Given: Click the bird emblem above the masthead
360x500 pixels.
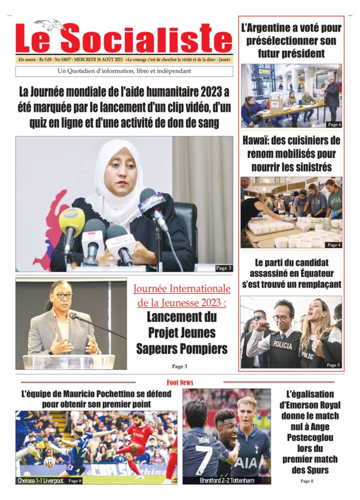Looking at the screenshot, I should (x=50, y=24).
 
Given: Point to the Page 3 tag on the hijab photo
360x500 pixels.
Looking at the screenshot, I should (x=223, y=268).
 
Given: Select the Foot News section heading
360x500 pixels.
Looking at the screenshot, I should (x=180, y=382).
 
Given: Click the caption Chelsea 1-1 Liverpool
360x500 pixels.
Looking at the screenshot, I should (x=40, y=480).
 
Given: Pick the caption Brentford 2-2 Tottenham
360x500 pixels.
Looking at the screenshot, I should (x=226, y=480).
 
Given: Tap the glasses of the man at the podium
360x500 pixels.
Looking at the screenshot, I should (x=63, y=296).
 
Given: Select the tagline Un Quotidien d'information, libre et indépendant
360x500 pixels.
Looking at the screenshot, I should (x=124, y=71).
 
